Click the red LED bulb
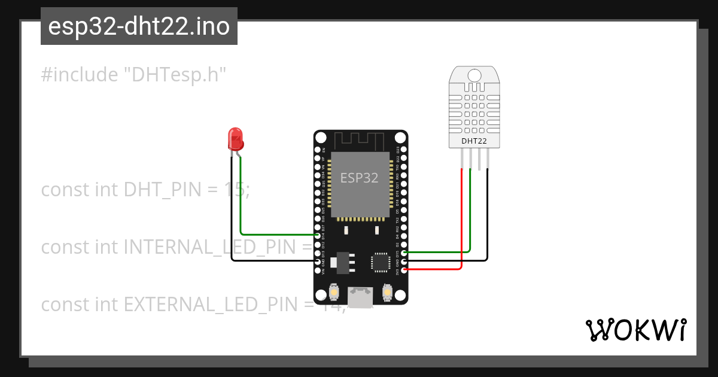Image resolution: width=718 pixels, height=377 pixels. point(236,139)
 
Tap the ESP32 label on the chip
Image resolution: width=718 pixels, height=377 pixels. point(359,178)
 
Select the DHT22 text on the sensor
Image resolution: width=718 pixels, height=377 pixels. point(474,142)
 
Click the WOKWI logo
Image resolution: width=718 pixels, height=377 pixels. point(635,330)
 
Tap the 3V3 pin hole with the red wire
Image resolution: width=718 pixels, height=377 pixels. point(404,270)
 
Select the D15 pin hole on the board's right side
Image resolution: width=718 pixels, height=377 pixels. point(404,253)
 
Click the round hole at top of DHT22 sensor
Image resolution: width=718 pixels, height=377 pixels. point(474,75)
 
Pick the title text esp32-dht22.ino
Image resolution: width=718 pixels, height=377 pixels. point(139,26)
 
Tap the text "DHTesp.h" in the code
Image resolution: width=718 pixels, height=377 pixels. point(175,75)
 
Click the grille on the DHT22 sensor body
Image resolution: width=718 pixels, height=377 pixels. point(474,108)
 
